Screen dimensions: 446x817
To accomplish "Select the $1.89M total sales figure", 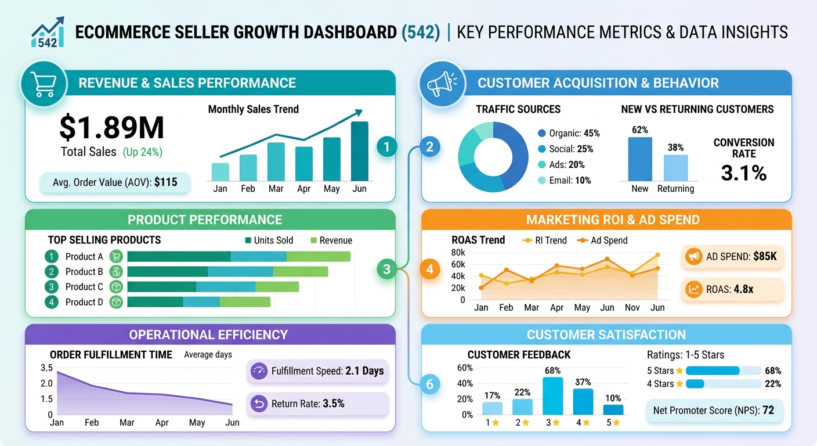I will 111,128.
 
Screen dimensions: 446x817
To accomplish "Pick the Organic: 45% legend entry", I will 568,133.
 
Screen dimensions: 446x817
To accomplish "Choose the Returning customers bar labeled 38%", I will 675,168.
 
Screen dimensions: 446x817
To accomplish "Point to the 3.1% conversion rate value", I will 743,172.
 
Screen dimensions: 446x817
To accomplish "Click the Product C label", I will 84,287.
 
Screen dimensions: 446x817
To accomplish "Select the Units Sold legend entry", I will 269,240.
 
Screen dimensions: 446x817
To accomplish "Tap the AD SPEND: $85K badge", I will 732,256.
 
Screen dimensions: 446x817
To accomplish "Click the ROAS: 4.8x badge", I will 732,289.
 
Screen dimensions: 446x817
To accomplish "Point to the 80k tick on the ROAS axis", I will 458,253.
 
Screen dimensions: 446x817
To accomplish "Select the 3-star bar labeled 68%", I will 552,395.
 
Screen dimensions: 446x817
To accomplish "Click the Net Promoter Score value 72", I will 714,411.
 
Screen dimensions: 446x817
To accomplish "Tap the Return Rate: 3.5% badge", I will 317,403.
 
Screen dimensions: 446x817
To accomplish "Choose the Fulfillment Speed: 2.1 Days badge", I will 317,371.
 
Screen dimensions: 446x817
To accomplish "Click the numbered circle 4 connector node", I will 429,269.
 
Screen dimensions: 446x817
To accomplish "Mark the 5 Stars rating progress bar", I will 723,371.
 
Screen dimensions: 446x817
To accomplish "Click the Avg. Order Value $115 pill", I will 115,182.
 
